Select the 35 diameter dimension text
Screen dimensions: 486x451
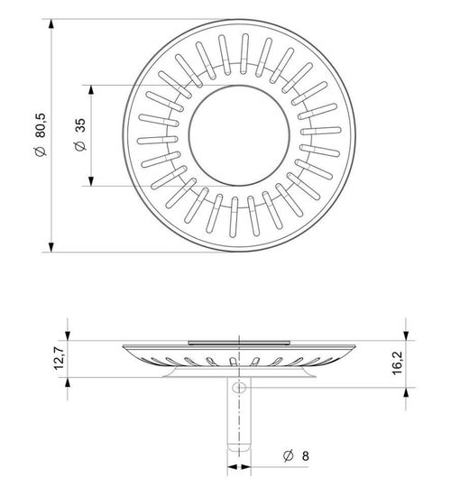click(x=80, y=126)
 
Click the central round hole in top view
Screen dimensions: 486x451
click(x=238, y=135)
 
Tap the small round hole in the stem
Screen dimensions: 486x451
click(x=238, y=388)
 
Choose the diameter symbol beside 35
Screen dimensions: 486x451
click(x=80, y=144)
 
